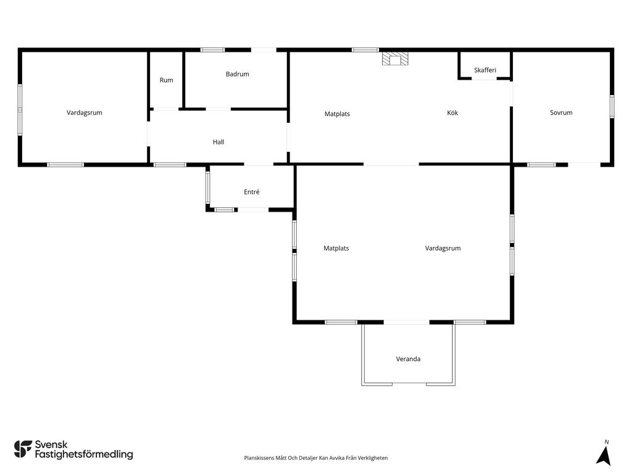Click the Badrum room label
point(238,74)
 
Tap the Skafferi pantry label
point(485,70)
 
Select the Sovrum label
point(561,113)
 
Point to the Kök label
point(452,113)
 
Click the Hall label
point(218,142)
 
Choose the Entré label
point(252,193)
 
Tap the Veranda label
point(409,359)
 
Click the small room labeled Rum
point(166,80)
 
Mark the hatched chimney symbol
point(395,59)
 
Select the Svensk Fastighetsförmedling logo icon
point(23,449)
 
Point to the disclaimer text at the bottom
point(315,458)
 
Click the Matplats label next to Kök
point(337,114)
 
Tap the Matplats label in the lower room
point(336,248)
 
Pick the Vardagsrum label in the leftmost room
point(84,113)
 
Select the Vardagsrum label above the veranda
point(443,248)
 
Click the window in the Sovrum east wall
point(612,106)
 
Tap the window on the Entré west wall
point(208,188)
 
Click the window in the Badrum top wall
point(213,50)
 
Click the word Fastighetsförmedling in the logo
point(84,455)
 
